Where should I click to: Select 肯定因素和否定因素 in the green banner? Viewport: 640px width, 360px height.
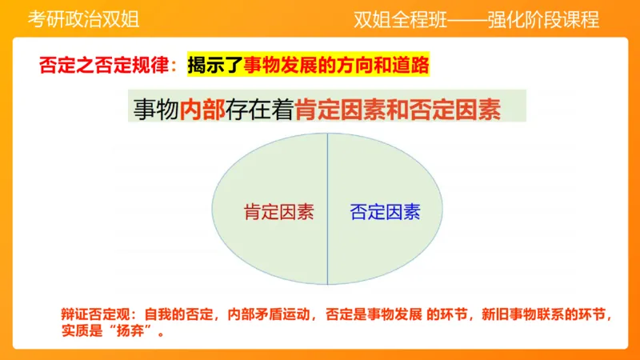tap(398, 110)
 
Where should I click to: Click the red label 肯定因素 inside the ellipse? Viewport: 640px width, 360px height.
tap(278, 213)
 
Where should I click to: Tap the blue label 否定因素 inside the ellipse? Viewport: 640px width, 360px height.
tap(385, 213)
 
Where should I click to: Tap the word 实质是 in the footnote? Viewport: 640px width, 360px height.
tap(83, 331)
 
